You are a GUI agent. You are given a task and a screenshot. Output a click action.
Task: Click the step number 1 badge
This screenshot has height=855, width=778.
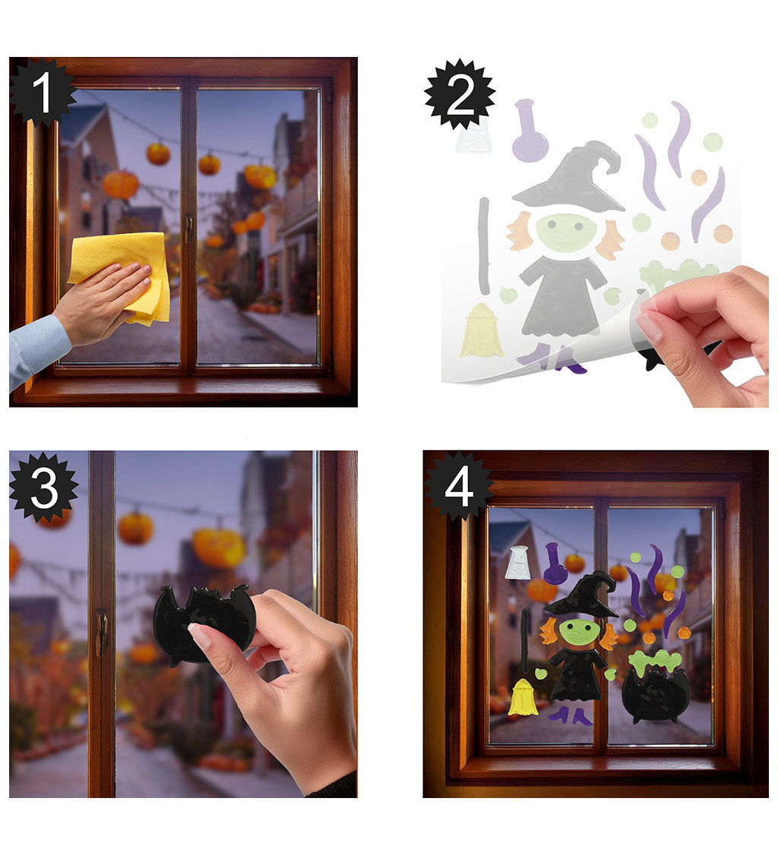(x=42, y=93)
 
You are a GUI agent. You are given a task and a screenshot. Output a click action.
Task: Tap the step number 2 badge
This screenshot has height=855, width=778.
(x=460, y=95)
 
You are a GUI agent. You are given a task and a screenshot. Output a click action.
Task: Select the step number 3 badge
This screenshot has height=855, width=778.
(x=43, y=487)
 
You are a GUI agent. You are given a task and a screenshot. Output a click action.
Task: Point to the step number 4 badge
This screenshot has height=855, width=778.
(x=458, y=487)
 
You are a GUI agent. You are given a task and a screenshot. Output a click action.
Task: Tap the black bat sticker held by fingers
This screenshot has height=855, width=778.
(x=202, y=623)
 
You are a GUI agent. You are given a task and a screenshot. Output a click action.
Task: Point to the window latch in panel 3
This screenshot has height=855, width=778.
(x=102, y=632)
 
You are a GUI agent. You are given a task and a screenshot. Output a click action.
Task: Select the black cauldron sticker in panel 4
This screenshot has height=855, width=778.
(x=656, y=695)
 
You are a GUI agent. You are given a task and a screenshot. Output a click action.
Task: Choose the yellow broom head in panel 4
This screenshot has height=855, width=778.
(x=522, y=698)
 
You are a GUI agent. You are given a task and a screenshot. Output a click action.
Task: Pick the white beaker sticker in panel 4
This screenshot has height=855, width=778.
(x=517, y=562)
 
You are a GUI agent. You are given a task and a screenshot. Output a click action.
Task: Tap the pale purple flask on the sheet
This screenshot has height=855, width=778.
(x=529, y=133)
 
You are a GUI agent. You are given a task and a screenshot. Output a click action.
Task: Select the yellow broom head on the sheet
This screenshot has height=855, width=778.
(x=481, y=332)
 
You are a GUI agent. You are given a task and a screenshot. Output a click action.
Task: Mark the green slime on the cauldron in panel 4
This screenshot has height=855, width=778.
(x=656, y=663)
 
